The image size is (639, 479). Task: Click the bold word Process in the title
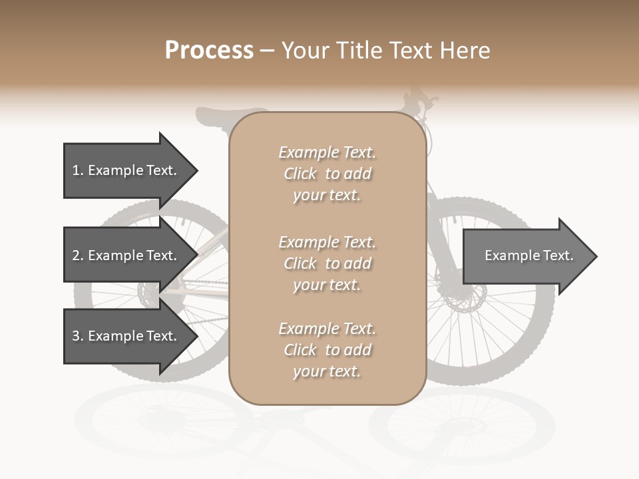pyautogui.click(x=209, y=51)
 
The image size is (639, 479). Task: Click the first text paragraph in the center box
pyautogui.click(x=327, y=174)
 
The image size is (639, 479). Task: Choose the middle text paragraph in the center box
pyautogui.click(x=327, y=263)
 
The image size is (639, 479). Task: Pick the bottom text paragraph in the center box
pyautogui.click(x=327, y=350)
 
